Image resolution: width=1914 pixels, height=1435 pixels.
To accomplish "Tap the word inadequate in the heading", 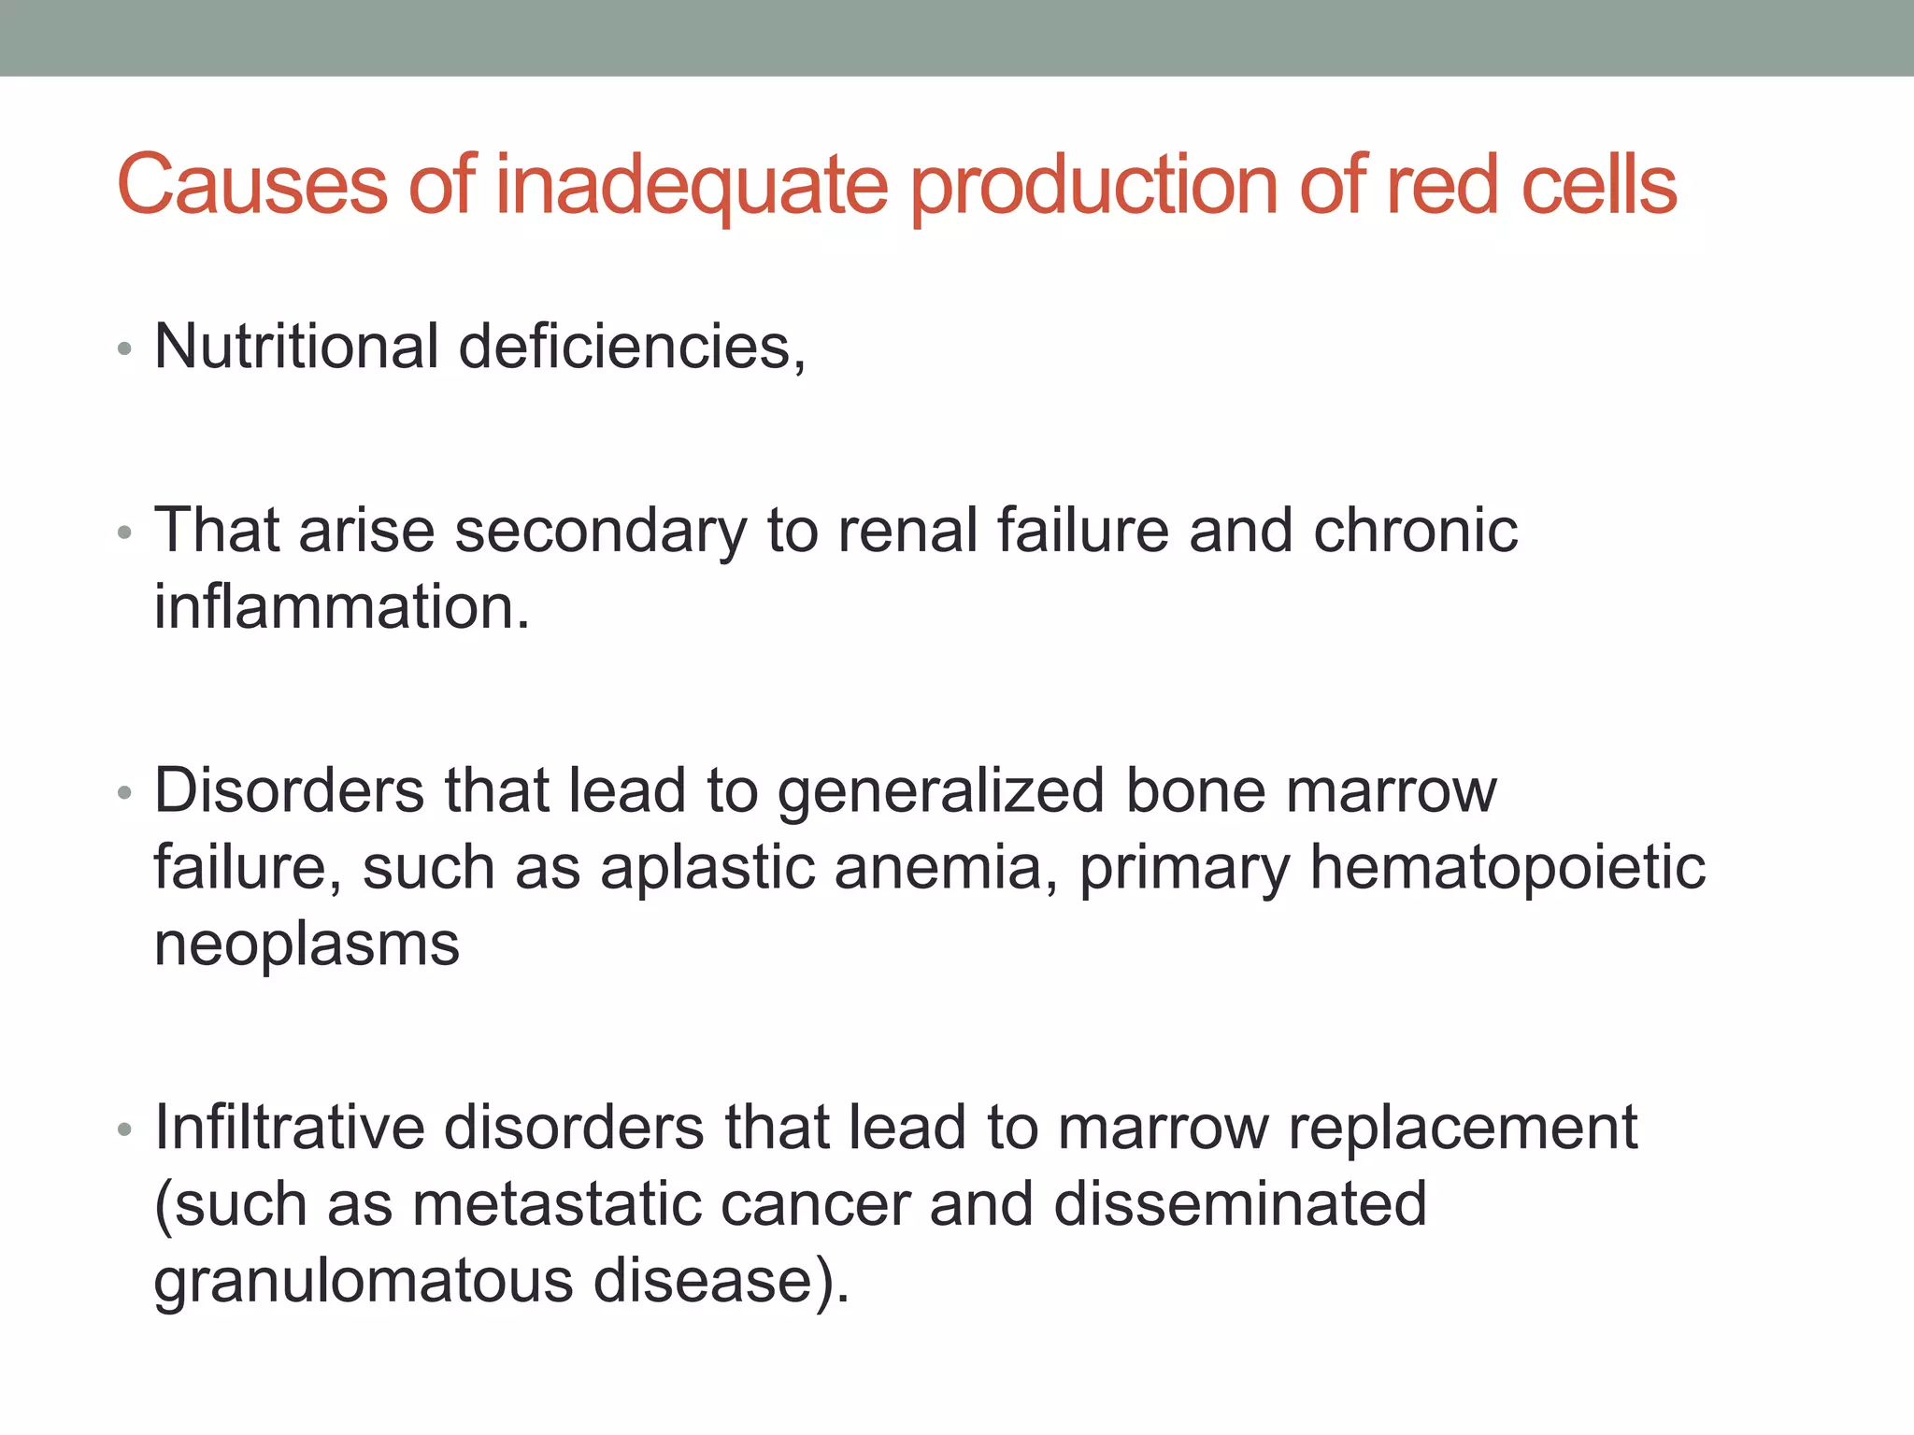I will point(691,186).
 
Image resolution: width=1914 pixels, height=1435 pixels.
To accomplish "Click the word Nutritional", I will point(296,347).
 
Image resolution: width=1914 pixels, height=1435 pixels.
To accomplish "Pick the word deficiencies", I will point(631,347).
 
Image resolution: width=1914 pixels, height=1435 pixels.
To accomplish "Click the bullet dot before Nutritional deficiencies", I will point(124,350).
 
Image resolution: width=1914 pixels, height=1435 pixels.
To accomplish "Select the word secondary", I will point(600,532).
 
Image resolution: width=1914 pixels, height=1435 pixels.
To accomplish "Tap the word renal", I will point(907,531).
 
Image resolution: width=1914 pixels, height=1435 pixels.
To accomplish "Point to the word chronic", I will point(1415,531).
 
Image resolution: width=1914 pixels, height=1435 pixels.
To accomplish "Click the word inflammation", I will point(341,607).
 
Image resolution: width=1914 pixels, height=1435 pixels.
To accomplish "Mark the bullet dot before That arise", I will point(124,534).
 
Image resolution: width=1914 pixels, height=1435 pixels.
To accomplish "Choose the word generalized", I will point(941,792).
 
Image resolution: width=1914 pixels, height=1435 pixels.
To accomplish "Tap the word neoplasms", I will point(307,945).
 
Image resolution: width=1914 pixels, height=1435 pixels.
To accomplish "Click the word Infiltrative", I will point(290,1127).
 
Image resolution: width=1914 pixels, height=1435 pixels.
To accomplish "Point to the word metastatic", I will point(557,1203).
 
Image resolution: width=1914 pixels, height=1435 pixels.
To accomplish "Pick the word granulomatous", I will point(363,1282).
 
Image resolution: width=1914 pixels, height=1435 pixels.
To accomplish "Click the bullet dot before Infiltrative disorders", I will point(124,1130).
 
